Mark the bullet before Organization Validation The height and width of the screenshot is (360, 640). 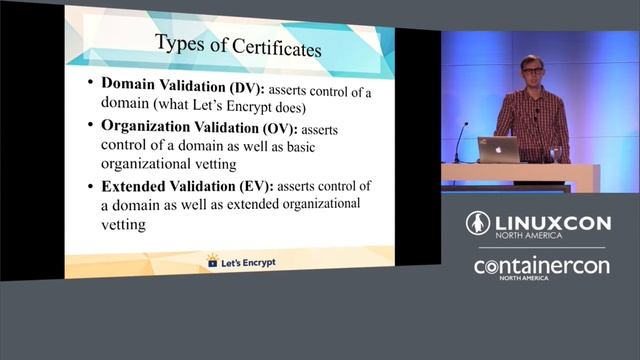[x=91, y=127]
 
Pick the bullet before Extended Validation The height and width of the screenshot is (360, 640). [x=91, y=187]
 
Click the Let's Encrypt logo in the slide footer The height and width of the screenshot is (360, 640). [x=240, y=262]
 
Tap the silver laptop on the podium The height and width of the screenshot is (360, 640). [x=498, y=150]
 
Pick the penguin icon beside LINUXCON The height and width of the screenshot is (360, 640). [x=477, y=223]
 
